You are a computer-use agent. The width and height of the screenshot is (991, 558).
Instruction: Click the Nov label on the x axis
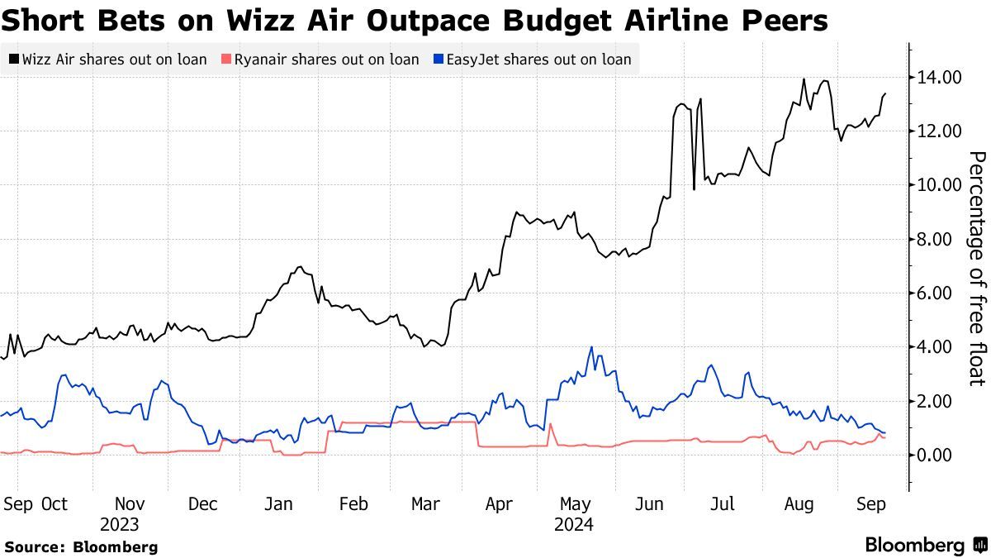[x=130, y=503]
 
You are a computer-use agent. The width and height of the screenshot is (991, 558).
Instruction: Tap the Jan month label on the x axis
[x=279, y=503]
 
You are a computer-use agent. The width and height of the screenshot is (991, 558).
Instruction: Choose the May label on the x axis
[x=575, y=503]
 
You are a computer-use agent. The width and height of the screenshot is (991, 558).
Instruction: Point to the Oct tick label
[x=54, y=503]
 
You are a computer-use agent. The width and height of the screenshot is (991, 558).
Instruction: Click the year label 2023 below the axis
[x=120, y=525]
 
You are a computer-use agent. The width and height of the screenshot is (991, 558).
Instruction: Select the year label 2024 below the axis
[x=573, y=525]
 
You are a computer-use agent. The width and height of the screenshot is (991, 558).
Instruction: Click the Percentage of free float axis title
[x=977, y=268]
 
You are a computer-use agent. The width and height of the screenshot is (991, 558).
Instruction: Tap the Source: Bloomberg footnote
[x=81, y=546]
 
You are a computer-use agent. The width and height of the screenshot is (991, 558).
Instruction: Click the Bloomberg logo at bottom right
[x=925, y=545]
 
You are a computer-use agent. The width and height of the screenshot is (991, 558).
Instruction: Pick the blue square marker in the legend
[x=439, y=60]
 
